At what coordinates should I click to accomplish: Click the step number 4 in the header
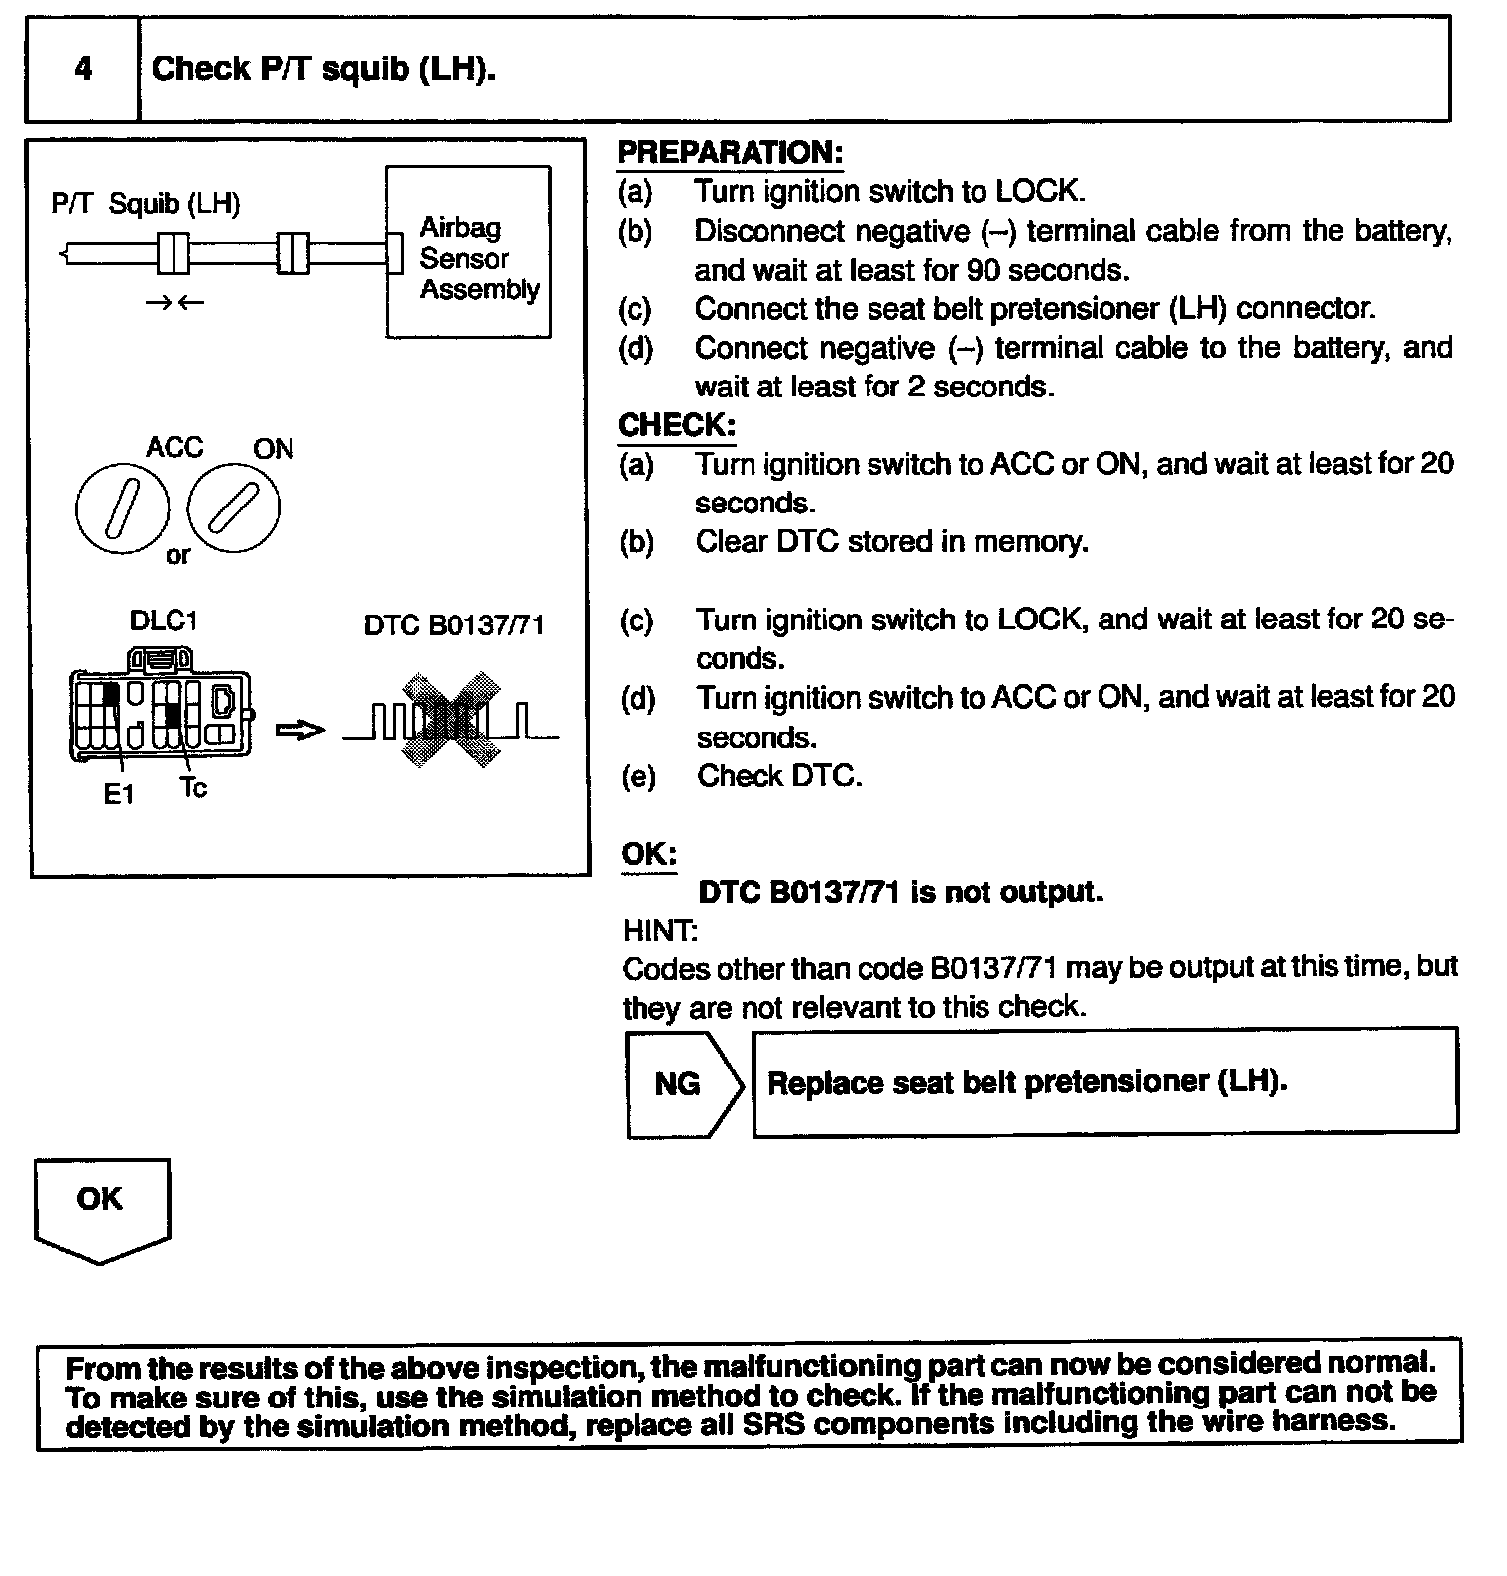coord(83,69)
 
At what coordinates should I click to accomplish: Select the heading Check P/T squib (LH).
coord(323,69)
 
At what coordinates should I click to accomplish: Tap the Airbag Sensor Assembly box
coord(468,253)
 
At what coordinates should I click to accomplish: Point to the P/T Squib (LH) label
coord(146,204)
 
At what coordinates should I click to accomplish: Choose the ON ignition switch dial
coord(234,507)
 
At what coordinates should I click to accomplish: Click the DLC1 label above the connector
coord(164,621)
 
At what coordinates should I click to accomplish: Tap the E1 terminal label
coord(119,794)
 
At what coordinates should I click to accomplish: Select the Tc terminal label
coord(194,788)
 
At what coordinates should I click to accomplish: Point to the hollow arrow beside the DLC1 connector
coord(299,731)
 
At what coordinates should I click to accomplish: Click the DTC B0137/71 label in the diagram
coord(454,626)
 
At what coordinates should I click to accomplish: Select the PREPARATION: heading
coord(730,153)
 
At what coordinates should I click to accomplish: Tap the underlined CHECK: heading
coord(676,426)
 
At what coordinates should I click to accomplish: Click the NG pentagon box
coord(682,1084)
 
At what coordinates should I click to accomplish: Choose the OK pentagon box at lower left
coord(101,1206)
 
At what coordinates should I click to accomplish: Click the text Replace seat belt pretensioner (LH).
coord(1027,1082)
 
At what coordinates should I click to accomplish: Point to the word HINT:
coord(659,931)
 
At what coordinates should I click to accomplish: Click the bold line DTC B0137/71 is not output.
coord(900,892)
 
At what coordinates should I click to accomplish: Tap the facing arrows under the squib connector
coord(174,302)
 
